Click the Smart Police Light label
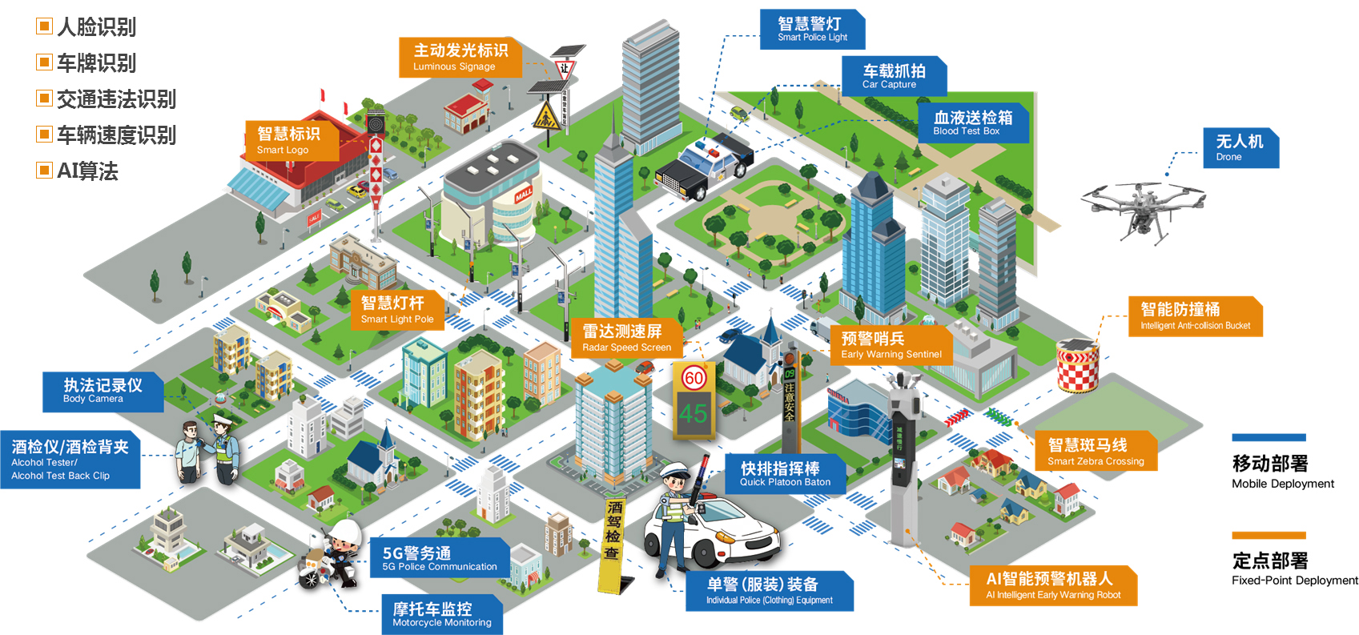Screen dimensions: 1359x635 (812, 29)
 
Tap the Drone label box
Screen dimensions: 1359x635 (1240, 148)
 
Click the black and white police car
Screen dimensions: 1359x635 (704, 167)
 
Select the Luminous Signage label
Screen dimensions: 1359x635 (460, 57)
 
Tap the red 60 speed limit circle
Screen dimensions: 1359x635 (694, 379)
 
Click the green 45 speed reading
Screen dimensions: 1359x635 (694, 414)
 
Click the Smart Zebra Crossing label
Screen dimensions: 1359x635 (1095, 451)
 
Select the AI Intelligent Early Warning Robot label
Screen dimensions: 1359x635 (1052, 585)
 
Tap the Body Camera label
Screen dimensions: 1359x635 (103, 392)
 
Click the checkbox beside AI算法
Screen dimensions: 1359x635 (44, 171)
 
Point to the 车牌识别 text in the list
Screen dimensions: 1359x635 (96, 63)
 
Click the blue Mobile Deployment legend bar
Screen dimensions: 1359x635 (1269, 437)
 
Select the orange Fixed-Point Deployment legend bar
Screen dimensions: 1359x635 (1269, 535)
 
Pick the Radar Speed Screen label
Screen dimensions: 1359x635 (627, 338)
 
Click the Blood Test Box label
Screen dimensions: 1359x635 (973, 123)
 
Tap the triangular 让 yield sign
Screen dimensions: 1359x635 (565, 68)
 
